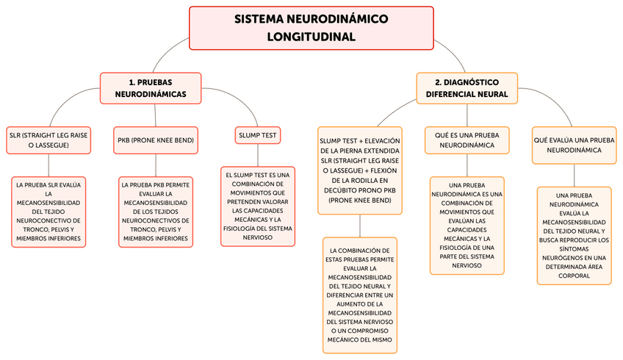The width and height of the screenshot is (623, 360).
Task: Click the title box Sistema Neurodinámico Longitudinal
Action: (311, 28)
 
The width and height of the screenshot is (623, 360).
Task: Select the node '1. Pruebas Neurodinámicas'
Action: (150, 87)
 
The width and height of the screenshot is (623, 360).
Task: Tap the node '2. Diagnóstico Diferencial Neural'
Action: (467, 87)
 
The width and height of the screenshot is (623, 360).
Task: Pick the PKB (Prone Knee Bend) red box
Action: (156, 140)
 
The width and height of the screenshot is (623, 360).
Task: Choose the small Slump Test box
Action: (257, 135)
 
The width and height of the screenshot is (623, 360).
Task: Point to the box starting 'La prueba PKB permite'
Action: (155, 210)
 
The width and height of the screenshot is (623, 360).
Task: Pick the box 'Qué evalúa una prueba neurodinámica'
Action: (574, 144)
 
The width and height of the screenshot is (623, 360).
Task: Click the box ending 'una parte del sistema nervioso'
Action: (467, 226)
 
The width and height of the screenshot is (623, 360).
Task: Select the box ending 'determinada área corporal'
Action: (574, 235)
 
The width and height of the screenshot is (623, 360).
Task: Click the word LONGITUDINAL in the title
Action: (311, 37)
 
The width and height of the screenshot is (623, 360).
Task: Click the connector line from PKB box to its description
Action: (156, 165)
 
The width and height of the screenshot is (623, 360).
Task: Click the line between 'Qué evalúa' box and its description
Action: (574, 174)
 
